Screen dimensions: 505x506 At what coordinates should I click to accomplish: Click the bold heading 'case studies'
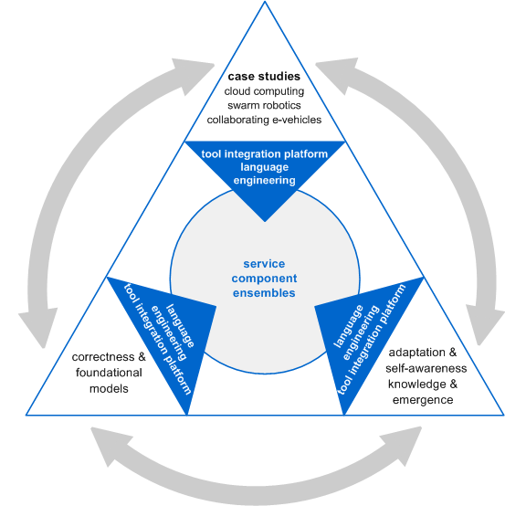[x=264, y=77]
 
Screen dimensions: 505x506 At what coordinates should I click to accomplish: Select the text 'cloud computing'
[x=264, y=91]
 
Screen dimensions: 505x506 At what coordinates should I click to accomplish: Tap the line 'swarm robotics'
[x=264, y=106]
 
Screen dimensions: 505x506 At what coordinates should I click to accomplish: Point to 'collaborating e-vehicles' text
[x=264, y=120]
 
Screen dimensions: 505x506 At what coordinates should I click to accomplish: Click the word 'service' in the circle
[x=264, y=264]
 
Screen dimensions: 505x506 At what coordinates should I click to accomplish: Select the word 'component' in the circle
[x=264, y=279]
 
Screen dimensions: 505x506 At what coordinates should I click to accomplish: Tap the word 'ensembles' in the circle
[x=264, y=293]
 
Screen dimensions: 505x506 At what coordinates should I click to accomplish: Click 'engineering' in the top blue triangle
[x=264, y=181]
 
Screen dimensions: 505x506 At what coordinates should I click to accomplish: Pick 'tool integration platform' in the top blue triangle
[x=264, y=154]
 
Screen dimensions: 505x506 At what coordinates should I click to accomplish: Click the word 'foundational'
[x=109, y=373]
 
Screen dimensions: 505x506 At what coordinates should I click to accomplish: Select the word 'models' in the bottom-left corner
[x=109, y=388]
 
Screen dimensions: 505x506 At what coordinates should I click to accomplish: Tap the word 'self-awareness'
[x=426, y=368]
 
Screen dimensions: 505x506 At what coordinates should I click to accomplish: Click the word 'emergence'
[x=423, y=400]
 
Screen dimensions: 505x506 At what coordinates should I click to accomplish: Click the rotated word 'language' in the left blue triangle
[x=181, y=325]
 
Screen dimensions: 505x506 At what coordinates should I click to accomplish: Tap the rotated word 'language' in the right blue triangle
[x=348, y=326]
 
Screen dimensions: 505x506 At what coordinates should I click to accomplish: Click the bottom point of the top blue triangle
[x=265, y=222]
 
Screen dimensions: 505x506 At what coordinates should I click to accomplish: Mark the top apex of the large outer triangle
[x=265, y=2]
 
